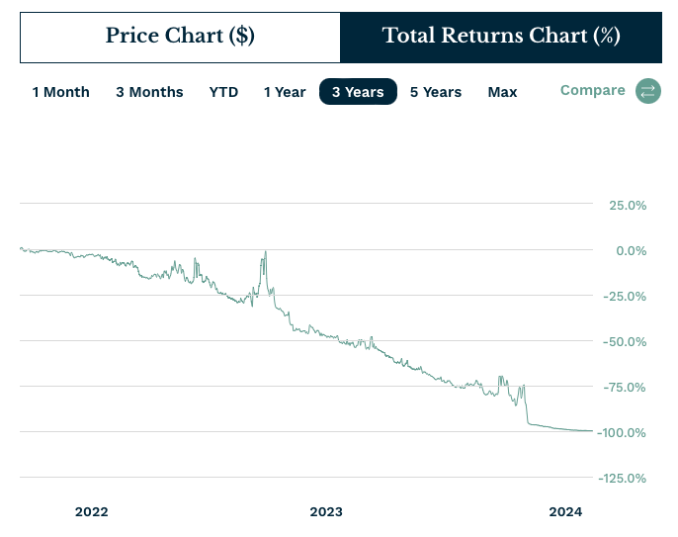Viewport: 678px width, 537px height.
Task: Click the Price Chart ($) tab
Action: pyautogui.click(x=180, y=37)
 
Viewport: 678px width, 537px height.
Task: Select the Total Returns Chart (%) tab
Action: pyautogui.click(x=501, y=37)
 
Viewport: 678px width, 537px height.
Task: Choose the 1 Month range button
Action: pyautogui.click(x=60, y=92)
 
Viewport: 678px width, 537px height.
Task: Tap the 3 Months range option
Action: pyautogui.click(x=149, y=92)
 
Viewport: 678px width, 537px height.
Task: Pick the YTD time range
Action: pyautogui.click(x=223, y=92)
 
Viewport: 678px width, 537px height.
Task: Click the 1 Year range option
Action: pyautogui.click(x=285, y=92)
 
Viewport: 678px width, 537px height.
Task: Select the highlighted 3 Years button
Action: pyautogui.click(x=358, y=92)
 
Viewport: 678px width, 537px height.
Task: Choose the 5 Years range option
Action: pyautogui.click(x=436, y=92)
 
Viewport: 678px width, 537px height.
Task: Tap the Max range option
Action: pyautogui.click(x=502, y=92)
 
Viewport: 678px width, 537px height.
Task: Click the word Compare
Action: pyautogui.click(x=592, y=90)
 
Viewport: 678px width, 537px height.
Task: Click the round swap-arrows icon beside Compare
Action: pyautogui.click(x=647, y=91)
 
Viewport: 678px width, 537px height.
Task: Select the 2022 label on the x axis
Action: pyautogui.click(x=91, y=511)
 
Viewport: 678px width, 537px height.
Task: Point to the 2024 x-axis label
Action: pyautogui.click(x=566, y=511)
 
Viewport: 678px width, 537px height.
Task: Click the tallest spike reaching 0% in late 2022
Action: pyautogui.click(x=265, y=253)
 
